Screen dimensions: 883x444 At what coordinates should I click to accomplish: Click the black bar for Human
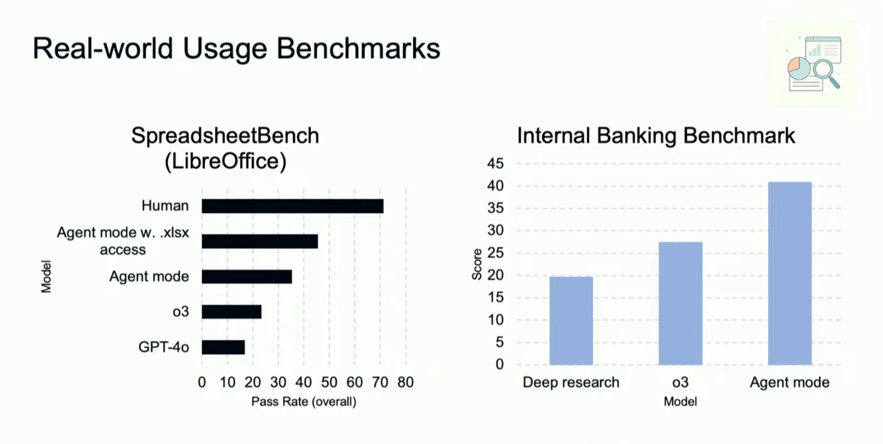pyautogui.click(x=292, y=206)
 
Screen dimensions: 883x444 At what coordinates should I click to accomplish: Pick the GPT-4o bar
pyautogui.click(x=223, y=347)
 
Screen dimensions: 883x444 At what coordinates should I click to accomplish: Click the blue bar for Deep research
pyautogui.click(x=571, y=320)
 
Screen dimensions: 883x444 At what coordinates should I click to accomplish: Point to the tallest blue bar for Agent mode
pyautogui.click(x=790, y=273)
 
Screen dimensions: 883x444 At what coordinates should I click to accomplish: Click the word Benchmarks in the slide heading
pyautogui.click(x=358, y=49)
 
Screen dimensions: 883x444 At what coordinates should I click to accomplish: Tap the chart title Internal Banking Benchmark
pyautogui.click(x=656, y=136)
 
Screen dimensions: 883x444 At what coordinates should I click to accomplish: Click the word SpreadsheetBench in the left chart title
pyautogui.click(x=225, y=136)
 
